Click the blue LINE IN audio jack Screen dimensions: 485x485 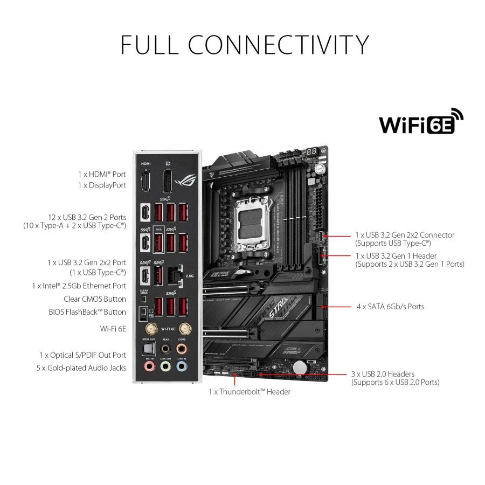[183, 367]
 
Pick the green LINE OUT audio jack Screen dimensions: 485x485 [165, 367]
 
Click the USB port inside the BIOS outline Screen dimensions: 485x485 [158, 242]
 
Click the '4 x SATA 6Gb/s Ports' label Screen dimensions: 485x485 [390, 307]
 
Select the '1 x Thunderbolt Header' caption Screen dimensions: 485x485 [250, 392]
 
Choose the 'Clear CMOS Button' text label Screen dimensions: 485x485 [95, 299]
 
